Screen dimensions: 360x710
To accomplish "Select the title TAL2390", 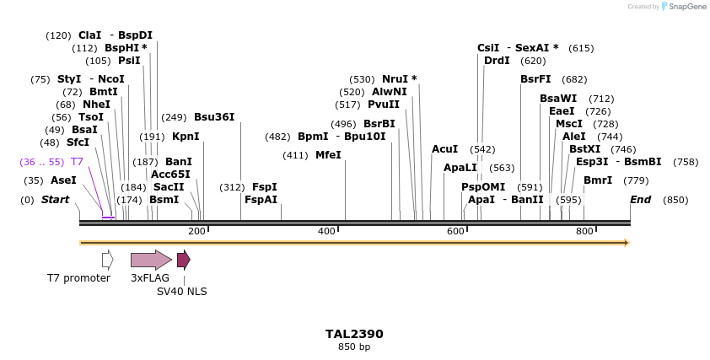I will pos(354,334).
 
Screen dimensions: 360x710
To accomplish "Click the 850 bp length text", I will pos(354,347).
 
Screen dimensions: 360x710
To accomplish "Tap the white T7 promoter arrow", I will pos(107,260).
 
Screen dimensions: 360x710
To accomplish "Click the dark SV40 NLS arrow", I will pos(183,260).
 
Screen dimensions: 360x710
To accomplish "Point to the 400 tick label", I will pos(326,231).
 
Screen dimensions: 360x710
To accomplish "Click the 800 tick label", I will pos(584,231).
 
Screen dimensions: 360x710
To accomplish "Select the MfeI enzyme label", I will pos(328,155).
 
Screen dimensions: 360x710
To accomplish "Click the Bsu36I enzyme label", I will pos(214,117).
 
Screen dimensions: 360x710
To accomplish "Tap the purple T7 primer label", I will pos(77,161).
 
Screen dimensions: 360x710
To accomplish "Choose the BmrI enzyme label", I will pos(598,180).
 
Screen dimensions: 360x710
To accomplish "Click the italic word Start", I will pos(55,200).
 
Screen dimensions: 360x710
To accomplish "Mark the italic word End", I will pos(641,200).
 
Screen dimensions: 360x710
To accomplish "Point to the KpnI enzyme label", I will pos(186,136).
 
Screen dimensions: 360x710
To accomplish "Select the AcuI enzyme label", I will pos(444,149).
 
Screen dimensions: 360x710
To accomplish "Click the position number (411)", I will pos(295,155).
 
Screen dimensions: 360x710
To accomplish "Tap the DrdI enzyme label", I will pos(497,61).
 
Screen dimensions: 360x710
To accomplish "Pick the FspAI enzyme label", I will pos(261,200).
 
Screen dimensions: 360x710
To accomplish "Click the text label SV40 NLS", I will pos(182,292).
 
